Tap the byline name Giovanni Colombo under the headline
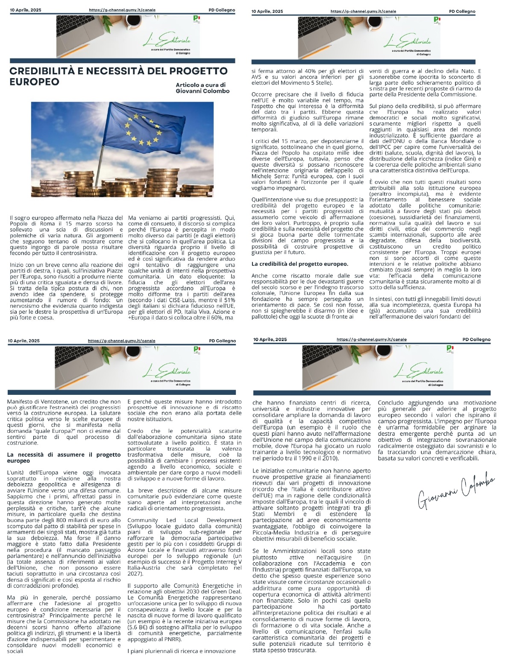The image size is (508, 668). click(203, 91)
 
